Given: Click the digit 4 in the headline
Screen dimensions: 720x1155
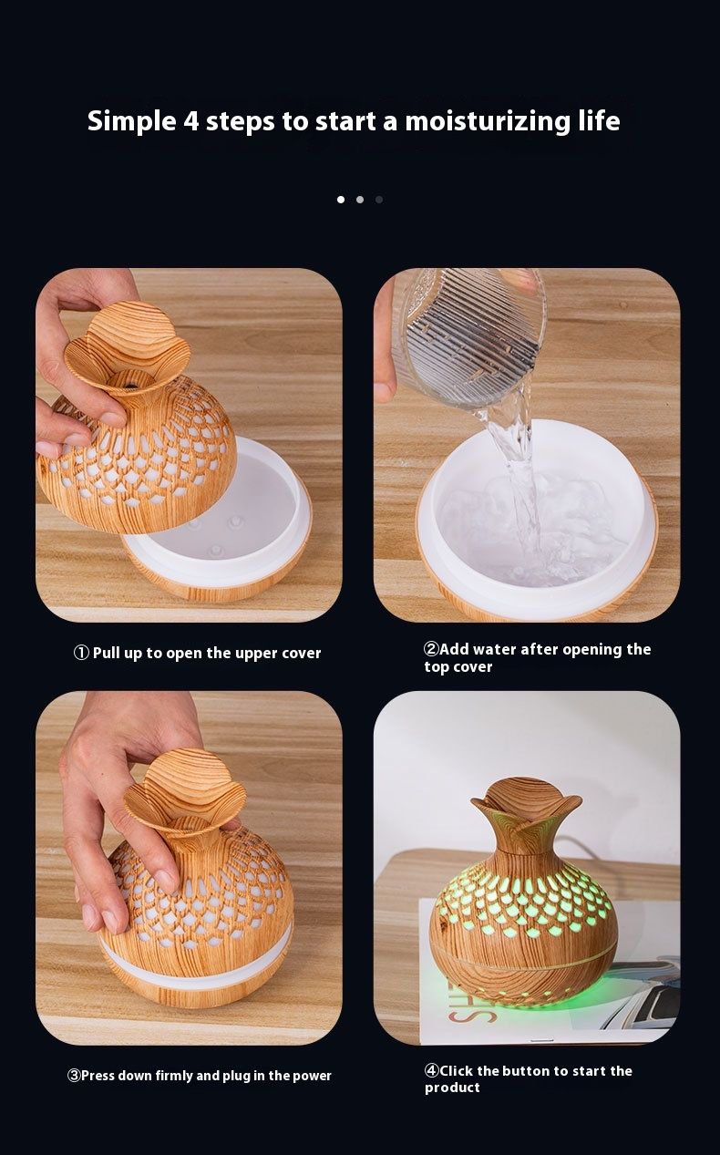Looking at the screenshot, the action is [x=191, y=121].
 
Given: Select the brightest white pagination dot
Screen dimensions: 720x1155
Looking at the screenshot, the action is [x=341, y=200].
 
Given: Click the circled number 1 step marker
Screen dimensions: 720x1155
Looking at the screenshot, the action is [x=81, y=653].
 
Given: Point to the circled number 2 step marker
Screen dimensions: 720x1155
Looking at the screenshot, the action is [x=431, y=649].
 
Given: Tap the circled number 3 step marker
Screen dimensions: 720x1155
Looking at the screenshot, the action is [x=74, y=1076].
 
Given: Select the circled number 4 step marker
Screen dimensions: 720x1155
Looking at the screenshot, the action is [x=432, y=1071].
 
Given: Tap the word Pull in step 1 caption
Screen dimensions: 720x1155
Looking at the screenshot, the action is [x=106, y=654].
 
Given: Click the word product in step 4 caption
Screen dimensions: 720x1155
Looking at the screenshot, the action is [x=452, y=1088].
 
